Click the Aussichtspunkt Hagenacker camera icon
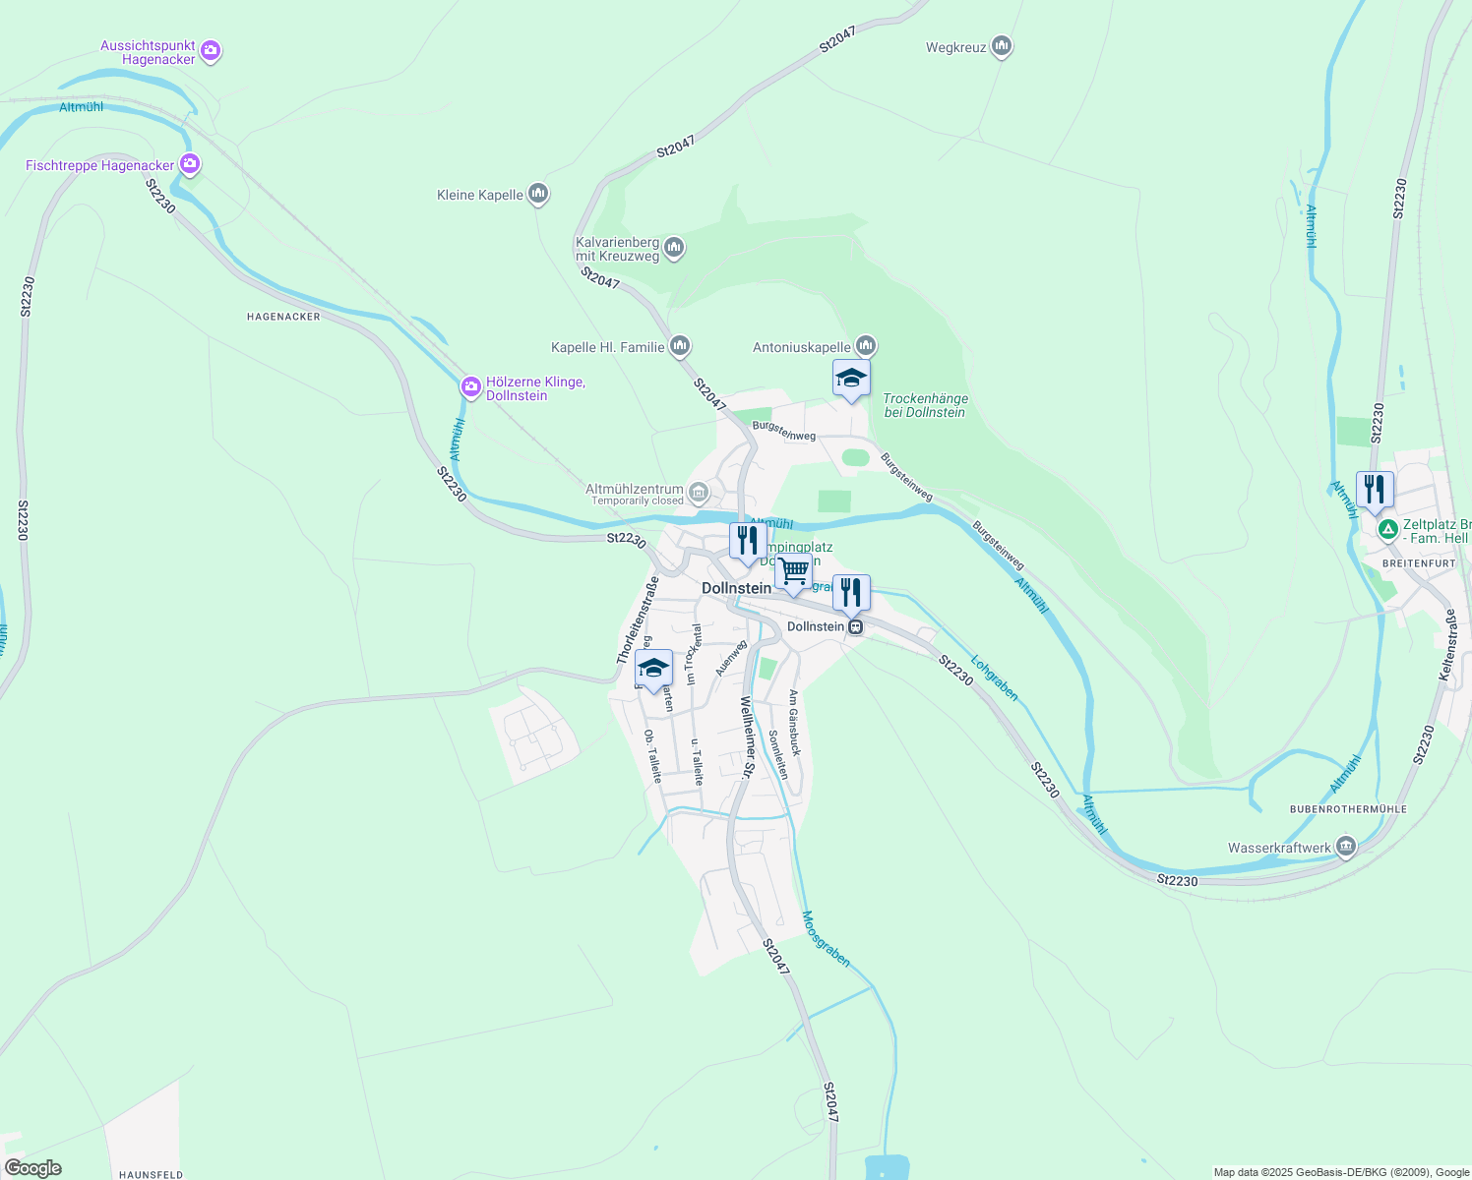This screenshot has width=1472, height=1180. [x=210, y=50]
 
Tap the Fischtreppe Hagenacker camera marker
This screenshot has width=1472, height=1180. [x=190, y=164]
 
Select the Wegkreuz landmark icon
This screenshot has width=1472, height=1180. [x=1002, y=46]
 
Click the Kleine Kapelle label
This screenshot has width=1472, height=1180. [x=480, y=195]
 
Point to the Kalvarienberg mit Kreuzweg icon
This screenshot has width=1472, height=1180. [x=674, y=247]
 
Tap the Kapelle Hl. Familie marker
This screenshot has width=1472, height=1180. [x=679, y=346]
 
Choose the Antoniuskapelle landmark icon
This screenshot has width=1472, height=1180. [x=865, y=345]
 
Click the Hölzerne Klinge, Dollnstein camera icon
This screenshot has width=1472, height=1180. [x=471, y=387]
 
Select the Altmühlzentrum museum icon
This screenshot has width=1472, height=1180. [x=698, y=491]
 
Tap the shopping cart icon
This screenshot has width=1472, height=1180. [x=793, y=571]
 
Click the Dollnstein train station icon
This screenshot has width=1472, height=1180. [x=856, y=626]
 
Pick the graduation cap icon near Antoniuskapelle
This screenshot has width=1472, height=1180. [x=851, y=379]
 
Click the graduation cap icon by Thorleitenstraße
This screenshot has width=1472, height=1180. [x=653, y=668]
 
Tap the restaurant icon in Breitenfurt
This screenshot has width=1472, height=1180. [x=1375, y=490]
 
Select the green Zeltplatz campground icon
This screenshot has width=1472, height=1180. [x=1387, y=531]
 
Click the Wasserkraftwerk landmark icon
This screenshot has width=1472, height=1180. [x=1345, y=846]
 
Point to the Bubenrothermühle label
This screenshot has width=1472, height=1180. [x=1348, y=809]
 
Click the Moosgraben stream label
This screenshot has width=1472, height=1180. [x=826, y=939]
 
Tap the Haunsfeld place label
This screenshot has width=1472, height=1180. [x=151, y=1174]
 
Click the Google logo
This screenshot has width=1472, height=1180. [x=33, y=1168]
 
